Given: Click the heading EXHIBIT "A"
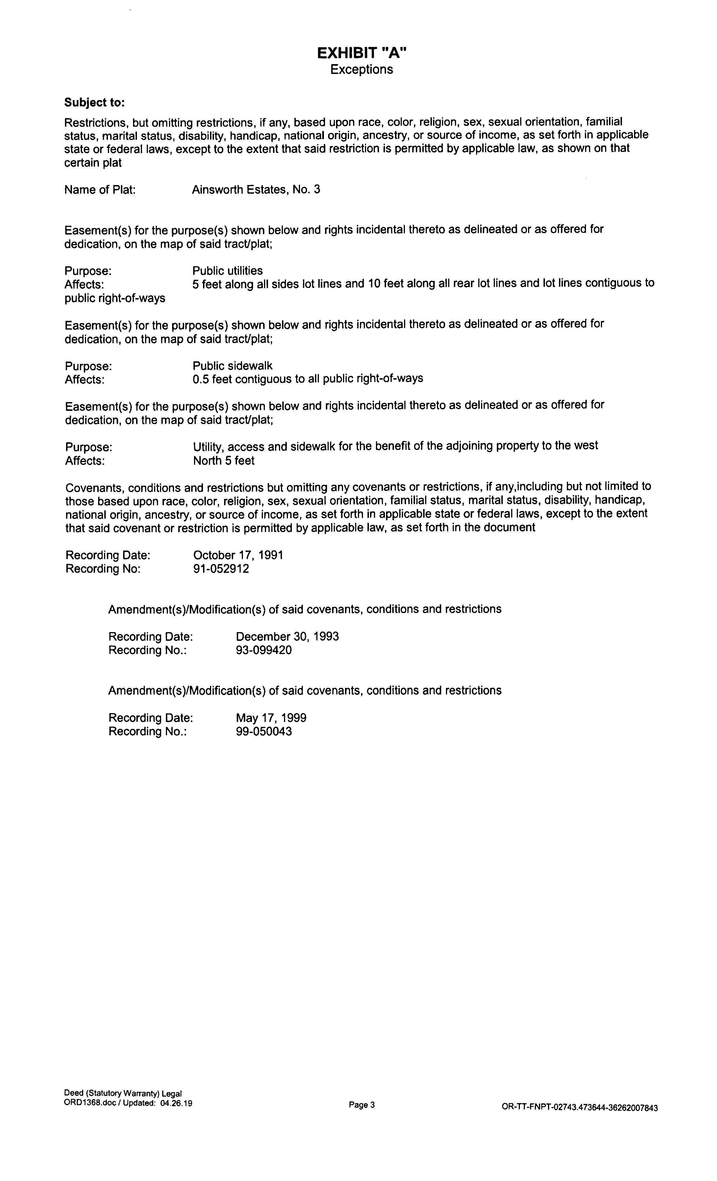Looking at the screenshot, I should point(362,53).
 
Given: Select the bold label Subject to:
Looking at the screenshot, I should point(94,103).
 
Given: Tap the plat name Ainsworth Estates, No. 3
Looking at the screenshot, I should point(256,190).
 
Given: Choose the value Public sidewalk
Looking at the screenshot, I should point(233,366).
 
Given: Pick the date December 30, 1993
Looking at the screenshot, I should point(287,637).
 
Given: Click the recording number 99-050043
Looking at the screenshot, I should point(264,732).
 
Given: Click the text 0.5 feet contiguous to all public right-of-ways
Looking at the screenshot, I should point(308,379).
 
